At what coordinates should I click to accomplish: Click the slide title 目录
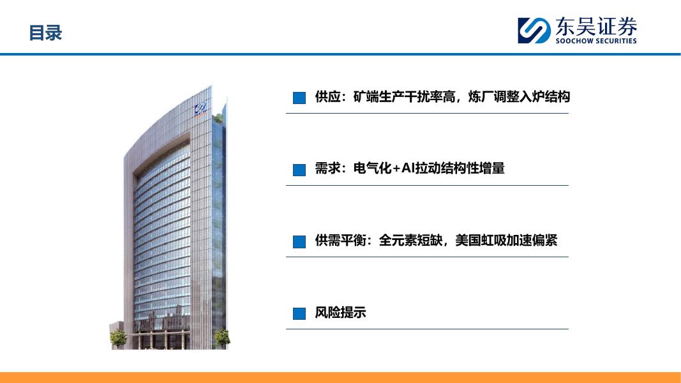pos(45,33)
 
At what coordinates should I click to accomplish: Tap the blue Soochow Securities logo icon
pos(534,31)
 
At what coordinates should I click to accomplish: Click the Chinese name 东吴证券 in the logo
pos(596,26)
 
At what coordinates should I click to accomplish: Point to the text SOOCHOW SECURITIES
pos(596,41)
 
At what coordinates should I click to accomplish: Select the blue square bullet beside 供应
pos(299,98)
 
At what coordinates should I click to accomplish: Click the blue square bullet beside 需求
pos(299,170)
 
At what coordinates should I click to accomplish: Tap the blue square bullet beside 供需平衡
pos(299,242)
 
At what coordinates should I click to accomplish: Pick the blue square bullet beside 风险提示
pos(299,313)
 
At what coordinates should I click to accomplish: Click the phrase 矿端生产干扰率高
pos(404,96)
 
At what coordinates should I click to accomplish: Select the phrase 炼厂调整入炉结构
pos(519,96)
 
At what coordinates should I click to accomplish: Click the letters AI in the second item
pos(408,168)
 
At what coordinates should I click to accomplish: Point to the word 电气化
pos(372,168)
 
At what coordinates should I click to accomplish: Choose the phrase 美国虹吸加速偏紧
pos(506,240)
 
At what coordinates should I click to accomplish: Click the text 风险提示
pos(341,312)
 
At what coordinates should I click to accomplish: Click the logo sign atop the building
pos(200,109)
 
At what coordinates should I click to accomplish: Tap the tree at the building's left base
pos(117,338)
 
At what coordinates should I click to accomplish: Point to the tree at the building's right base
pos(222,338)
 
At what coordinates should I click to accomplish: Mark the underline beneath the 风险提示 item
pos(427,329)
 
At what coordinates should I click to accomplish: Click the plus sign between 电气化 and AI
pos(396,169)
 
